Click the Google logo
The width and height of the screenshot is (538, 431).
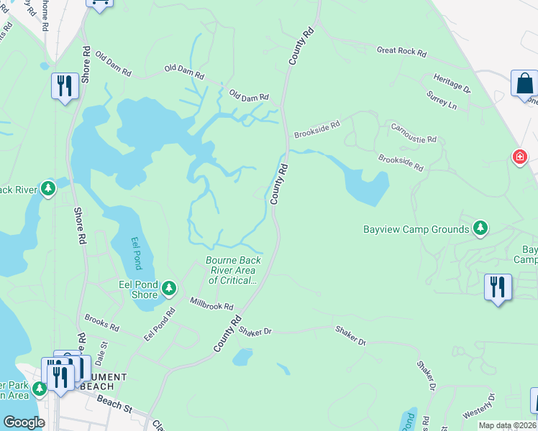pyautogui.click(x=23, y=422)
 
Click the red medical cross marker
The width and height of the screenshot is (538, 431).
pyautogui.click(x=519, y=157)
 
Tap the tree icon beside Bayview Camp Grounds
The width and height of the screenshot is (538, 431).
pyautogui.click(x=480, y=229)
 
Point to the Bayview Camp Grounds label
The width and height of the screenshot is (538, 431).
pyautogui.click(x=416, y=230)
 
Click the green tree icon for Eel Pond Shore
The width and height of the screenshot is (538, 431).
pyautogui.click(x=169, y=289)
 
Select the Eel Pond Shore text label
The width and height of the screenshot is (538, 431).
pyautogui.click(x=138, y=289)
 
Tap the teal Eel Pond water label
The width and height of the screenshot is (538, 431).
pyautogui.click(x=137, y=253)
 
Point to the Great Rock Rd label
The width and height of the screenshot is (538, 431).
pyautogui.click(x=401, y=52)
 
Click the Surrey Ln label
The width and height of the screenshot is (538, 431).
pyautogui.click(x=442, y=100)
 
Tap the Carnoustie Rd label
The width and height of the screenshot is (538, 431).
pyautogui.click(x=414, y=132)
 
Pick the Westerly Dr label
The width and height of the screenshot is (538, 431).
pyautogui.click(x=479, y=407)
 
